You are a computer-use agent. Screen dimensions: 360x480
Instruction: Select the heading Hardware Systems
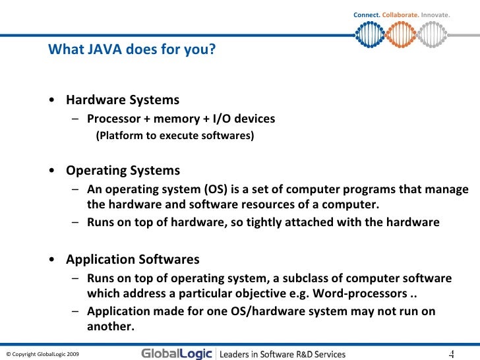coord(122,100)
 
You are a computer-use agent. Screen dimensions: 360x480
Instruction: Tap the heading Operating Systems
coord(123,171)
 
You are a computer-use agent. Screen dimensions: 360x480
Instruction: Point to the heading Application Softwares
coord(132,259)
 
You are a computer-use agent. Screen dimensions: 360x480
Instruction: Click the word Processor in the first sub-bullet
coord(113,119)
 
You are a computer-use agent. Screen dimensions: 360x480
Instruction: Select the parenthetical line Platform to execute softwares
coord(175,136)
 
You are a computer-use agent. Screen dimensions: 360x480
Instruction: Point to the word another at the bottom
coord(109,326)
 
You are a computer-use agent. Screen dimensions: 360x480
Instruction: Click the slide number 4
coord(452,354)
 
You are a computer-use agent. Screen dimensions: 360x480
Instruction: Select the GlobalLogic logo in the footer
coord(177,354)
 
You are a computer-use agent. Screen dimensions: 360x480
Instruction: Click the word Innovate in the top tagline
coord(435,15)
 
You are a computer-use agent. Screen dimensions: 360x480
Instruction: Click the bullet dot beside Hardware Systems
coord(52,101)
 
